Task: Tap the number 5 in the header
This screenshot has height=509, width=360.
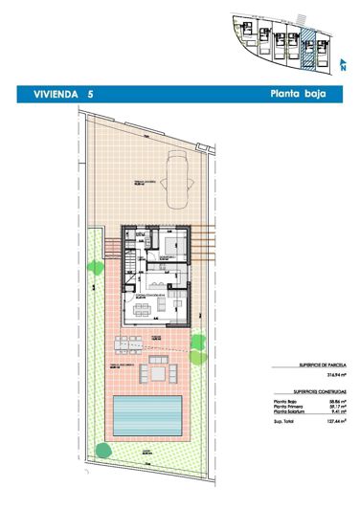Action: point(90,95)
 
